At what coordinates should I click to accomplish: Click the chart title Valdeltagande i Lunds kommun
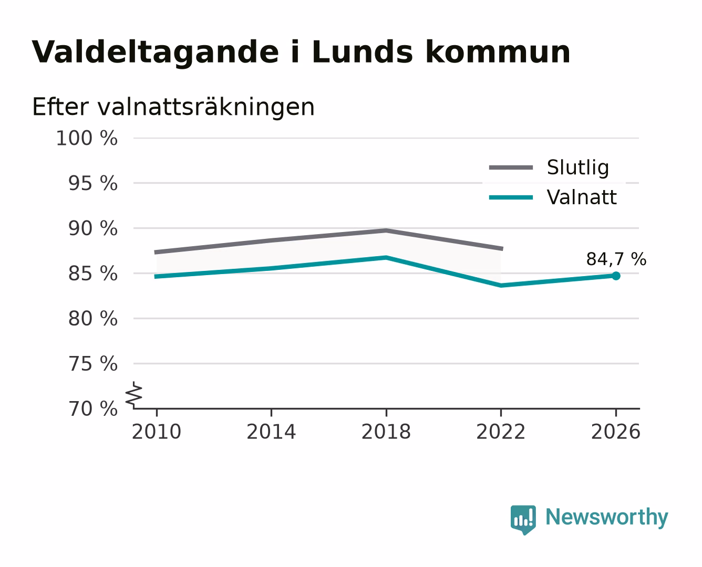(x=301, y=52)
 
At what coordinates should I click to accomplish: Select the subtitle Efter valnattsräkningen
(x=173, y=107)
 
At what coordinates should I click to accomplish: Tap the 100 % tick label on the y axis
(x=87, y=138)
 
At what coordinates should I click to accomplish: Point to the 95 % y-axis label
(x=93, y=183)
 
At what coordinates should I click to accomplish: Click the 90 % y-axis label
(x=93, y=228)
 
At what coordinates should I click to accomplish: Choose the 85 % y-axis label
(x=93, y=274)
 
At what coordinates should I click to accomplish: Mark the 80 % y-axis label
(x=93, y=318)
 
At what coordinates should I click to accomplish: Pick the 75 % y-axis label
(x=93, y=363)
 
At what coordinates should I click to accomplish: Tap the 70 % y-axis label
(x=93, y=408)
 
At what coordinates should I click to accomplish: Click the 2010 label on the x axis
(x=157, y=432)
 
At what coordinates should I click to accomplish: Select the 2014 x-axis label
(x=271, y=432)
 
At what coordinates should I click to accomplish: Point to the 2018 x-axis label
(x=386, y=432)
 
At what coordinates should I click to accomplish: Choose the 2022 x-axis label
(x=501, y=432)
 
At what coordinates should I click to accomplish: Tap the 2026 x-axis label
(x=616, y=432)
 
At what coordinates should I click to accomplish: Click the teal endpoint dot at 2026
(x=616, y=276)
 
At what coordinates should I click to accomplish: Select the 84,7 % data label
(x=616, y=259)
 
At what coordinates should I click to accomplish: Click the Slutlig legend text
(x=578, y=168)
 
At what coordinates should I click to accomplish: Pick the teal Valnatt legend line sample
(x=511, y=197)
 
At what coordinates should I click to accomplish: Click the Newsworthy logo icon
(x=523, y=520)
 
